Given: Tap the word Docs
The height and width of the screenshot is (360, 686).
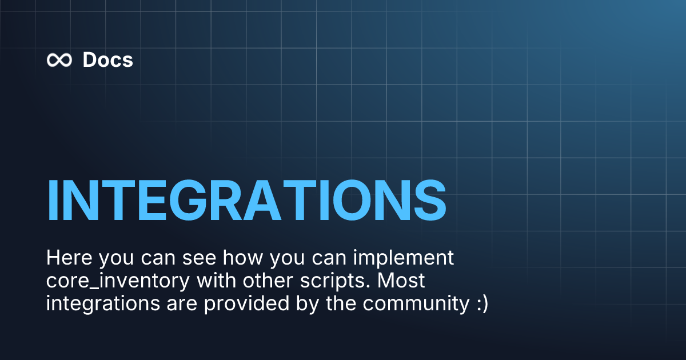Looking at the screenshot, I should coord(107,60).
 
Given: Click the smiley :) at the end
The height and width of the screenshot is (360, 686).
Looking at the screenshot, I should coord(481,305).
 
